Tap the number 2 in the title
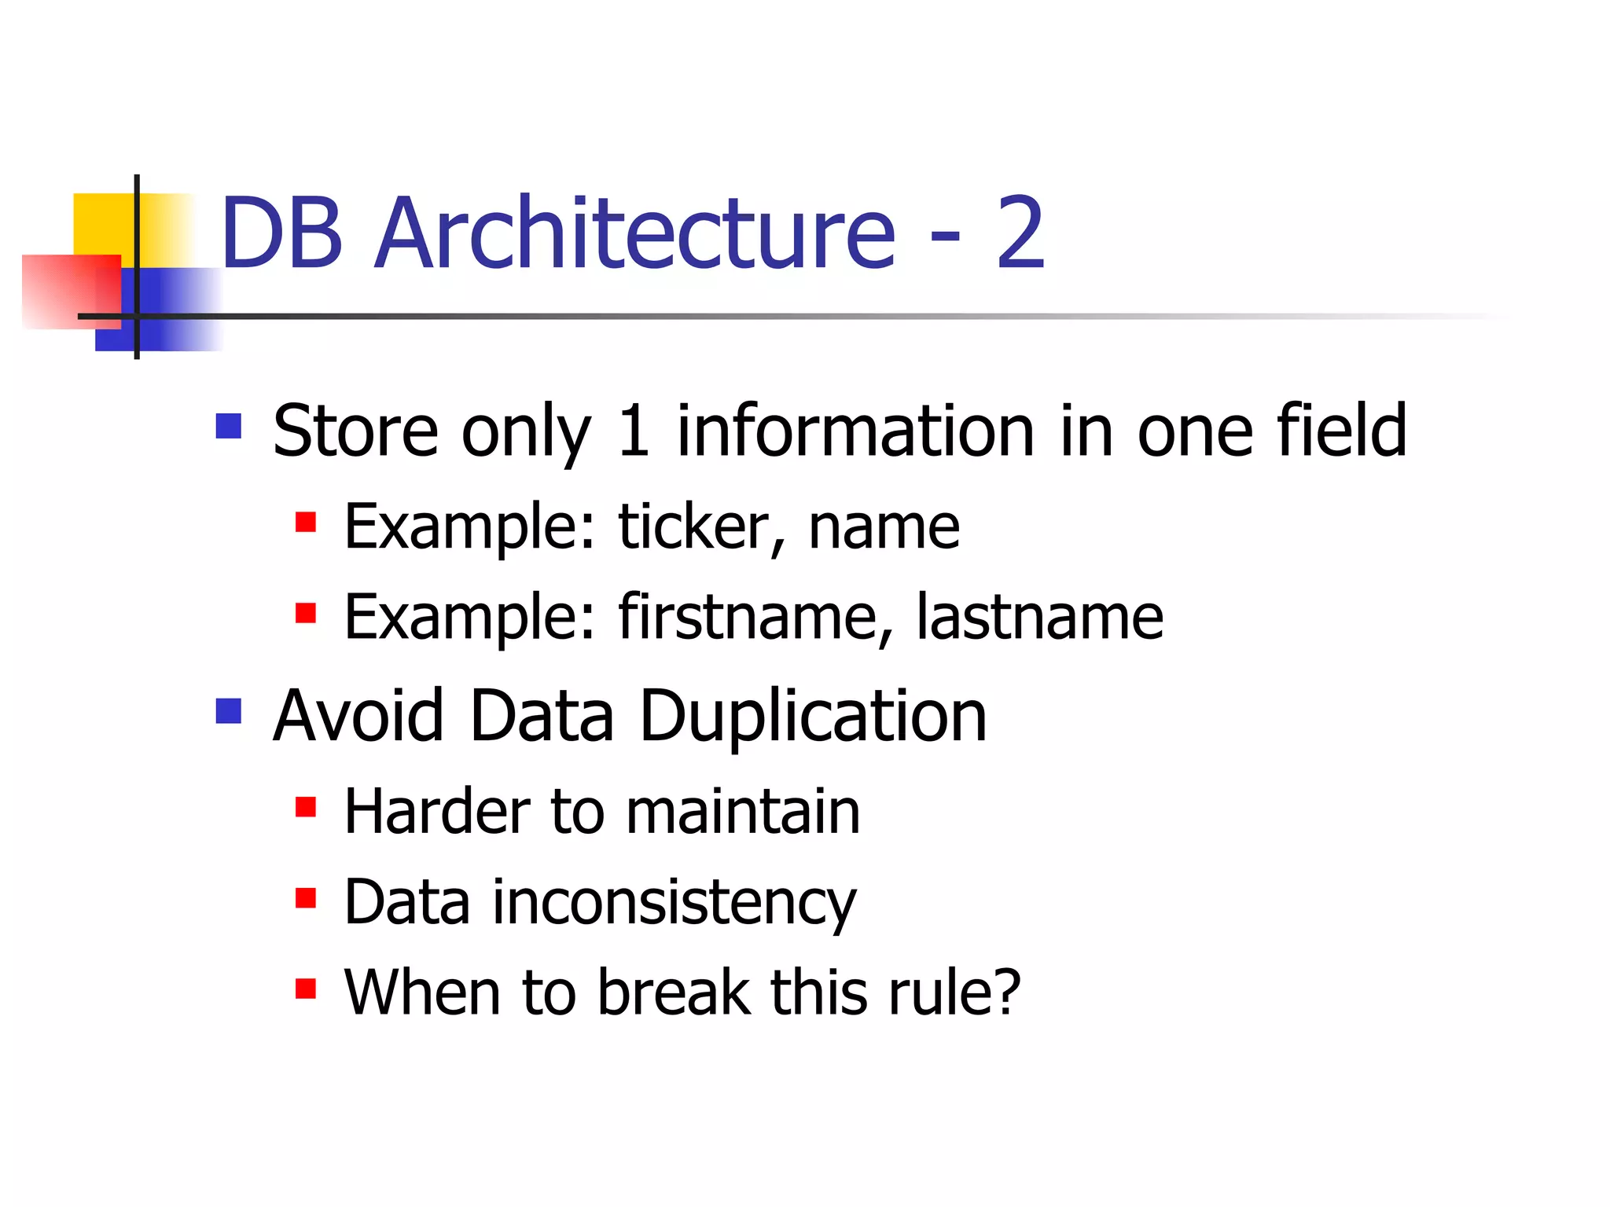1020,233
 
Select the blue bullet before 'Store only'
229,427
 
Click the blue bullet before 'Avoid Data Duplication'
229,711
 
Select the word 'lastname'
1039,617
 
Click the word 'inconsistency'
674,903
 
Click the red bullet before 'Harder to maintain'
305,807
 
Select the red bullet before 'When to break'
305,988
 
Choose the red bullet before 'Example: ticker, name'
305,523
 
